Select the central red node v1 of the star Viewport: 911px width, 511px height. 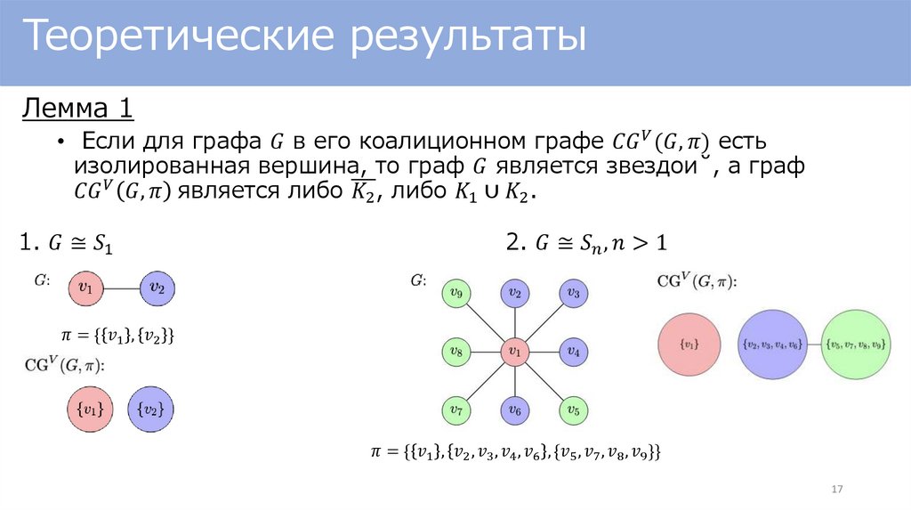pyautogui.click(x=514, y=353)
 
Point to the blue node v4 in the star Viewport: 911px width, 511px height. pyautogui.click(x=573, y=353)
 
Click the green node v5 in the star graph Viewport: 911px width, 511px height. pyautogui.click(x=573, y=410)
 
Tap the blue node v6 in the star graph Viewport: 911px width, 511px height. pyautogui.click(x=514, y=410)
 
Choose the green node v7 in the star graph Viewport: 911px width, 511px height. pyautogui.click(x=456, y=410)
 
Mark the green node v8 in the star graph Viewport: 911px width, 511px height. pyautogui.click(x=456, y=353)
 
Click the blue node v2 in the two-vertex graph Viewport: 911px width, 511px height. pyautogui.click(x=157, y=288)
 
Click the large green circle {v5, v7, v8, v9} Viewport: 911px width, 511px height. pyautogui.click(x=855, y=344)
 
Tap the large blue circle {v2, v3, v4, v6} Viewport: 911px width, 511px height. pyautogui.click(x=772, y=344)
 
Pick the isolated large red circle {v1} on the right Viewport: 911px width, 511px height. pyautogui.click(x=689, y=344)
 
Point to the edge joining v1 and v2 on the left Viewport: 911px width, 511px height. pyautogui.click(x=122, y=288)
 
